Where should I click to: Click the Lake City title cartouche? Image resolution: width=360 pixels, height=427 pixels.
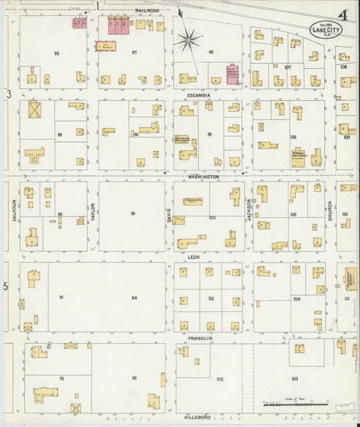326,29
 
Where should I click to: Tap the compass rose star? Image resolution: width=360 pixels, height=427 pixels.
190,39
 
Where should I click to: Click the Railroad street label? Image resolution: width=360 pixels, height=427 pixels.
147,11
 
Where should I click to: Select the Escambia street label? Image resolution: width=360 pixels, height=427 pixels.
199,95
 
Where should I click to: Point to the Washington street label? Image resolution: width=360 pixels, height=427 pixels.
203,176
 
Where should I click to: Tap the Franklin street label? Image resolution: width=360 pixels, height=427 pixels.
201,338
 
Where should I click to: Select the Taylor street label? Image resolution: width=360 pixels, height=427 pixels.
93,211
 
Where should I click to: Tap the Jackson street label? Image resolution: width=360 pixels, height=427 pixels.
249,211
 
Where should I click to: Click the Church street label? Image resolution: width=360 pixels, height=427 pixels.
330,210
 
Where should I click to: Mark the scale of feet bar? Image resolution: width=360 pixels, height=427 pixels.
294,404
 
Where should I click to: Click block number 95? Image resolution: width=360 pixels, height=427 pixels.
133,214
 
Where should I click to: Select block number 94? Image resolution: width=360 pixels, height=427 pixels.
134,298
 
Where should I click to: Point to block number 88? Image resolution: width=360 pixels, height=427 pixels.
57,53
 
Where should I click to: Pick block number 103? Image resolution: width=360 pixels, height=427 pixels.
294,379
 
